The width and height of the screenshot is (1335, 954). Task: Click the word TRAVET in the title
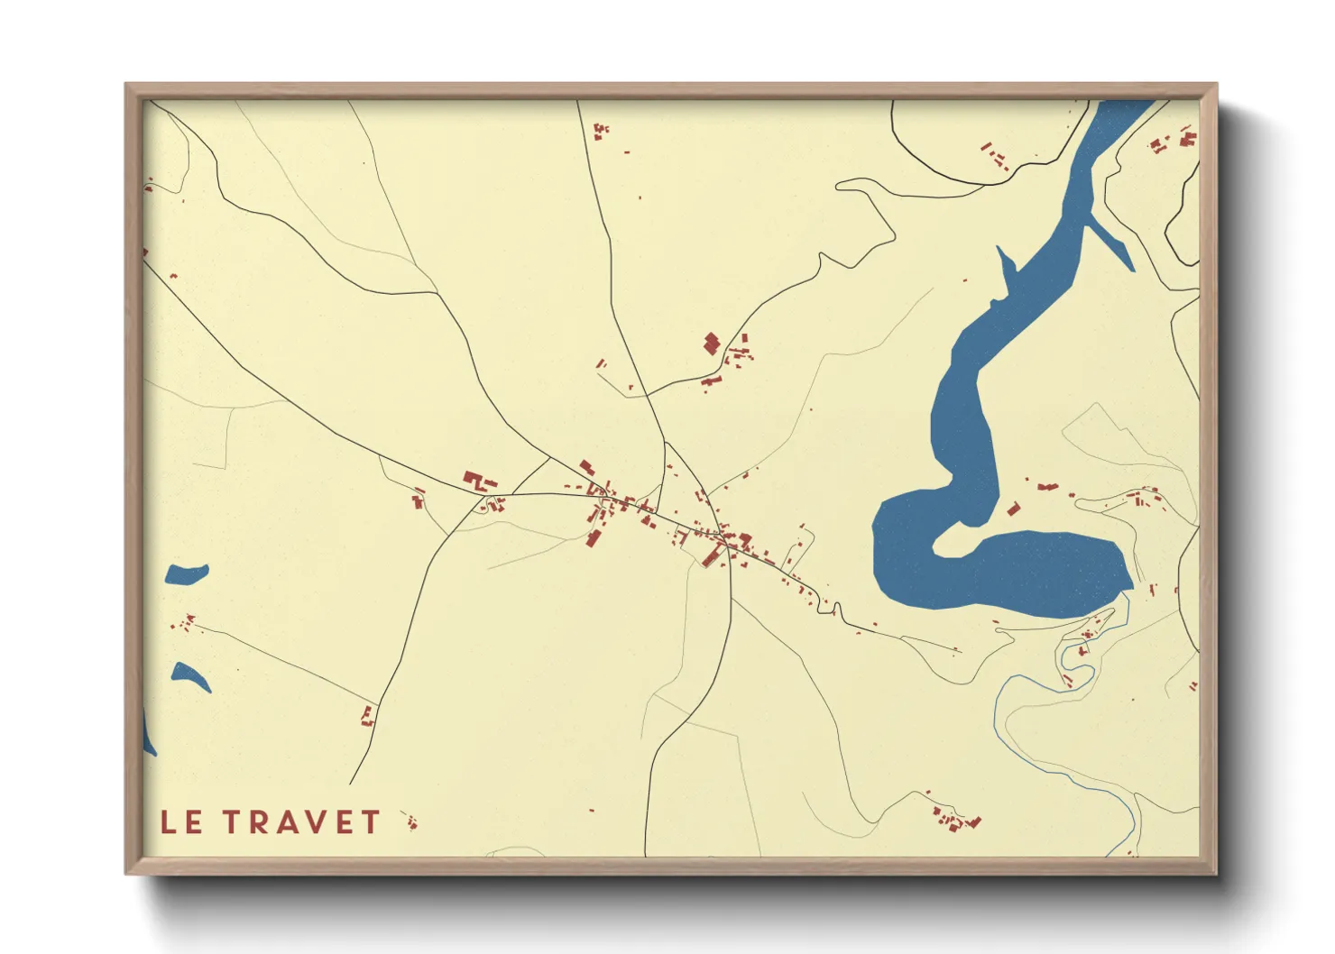pos(302,822)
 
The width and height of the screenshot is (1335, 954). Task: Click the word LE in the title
pos(181,822)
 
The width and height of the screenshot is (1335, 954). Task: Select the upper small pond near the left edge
pos(186,575)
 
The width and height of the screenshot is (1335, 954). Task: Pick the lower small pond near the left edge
pos(190,675)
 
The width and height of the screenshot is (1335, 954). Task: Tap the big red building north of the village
pos(712,344)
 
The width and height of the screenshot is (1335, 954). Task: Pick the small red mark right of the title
pos(411,821)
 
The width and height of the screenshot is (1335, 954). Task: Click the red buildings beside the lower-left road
pos(367,717)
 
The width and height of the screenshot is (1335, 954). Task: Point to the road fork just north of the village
pos(665,441)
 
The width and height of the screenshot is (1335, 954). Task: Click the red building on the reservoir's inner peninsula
pos(1013,509)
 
